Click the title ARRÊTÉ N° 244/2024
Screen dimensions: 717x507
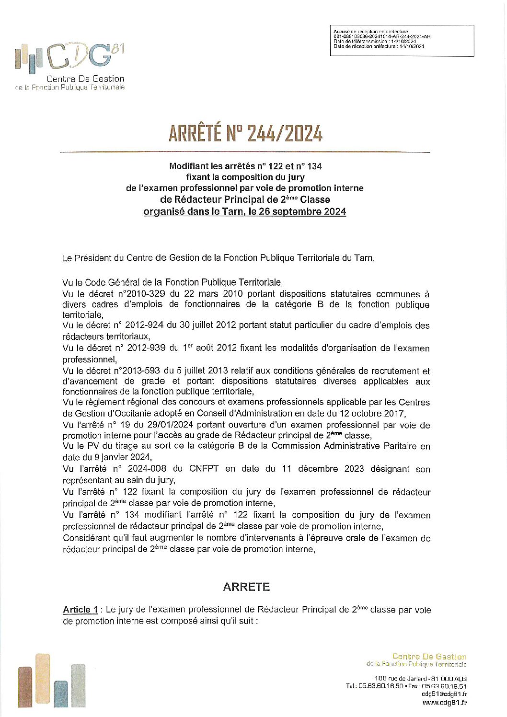[x=245, y=133]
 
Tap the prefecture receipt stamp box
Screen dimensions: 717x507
[x=402, y=41]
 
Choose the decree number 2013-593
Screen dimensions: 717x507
[x=140, y=371]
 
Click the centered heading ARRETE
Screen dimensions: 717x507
[x=246, y=587]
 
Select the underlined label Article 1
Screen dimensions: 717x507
[x=80, y=610]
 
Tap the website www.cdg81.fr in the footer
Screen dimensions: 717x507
[x=444, y=703]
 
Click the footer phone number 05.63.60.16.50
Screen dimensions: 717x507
[x=380, y=686]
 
